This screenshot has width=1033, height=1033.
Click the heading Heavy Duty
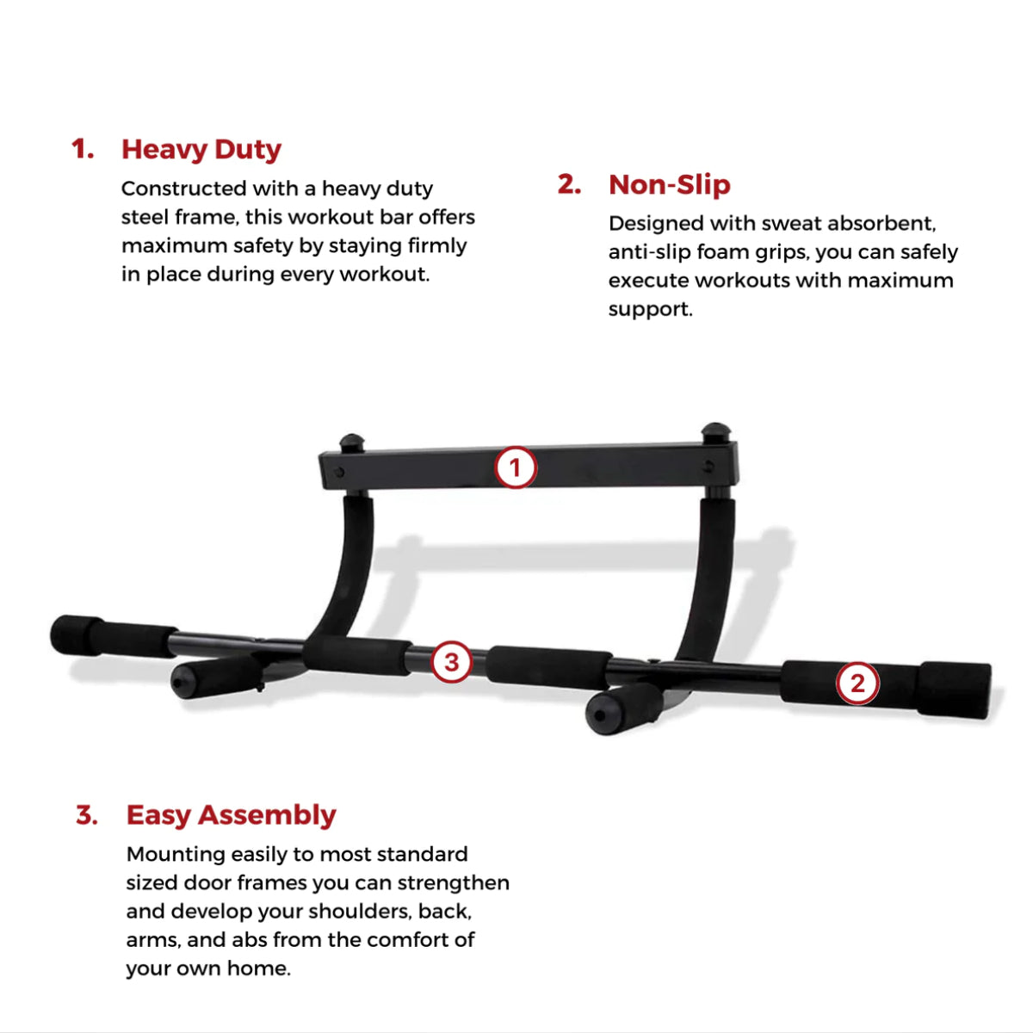201,150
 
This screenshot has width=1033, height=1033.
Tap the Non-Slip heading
669,184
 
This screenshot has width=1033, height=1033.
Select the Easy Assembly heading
231,814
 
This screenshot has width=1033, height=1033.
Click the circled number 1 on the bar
515,468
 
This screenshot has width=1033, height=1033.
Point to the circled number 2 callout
857,684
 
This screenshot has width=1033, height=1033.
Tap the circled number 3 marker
451,662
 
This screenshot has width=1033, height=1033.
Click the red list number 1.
83,150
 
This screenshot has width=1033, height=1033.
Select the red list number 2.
569,184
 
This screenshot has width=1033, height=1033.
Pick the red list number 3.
87,814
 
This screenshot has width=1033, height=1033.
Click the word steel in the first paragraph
145,217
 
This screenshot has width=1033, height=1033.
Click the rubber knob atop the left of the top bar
352,444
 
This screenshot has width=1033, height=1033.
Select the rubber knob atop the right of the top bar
715,432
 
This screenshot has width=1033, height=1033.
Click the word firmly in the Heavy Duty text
437,245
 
